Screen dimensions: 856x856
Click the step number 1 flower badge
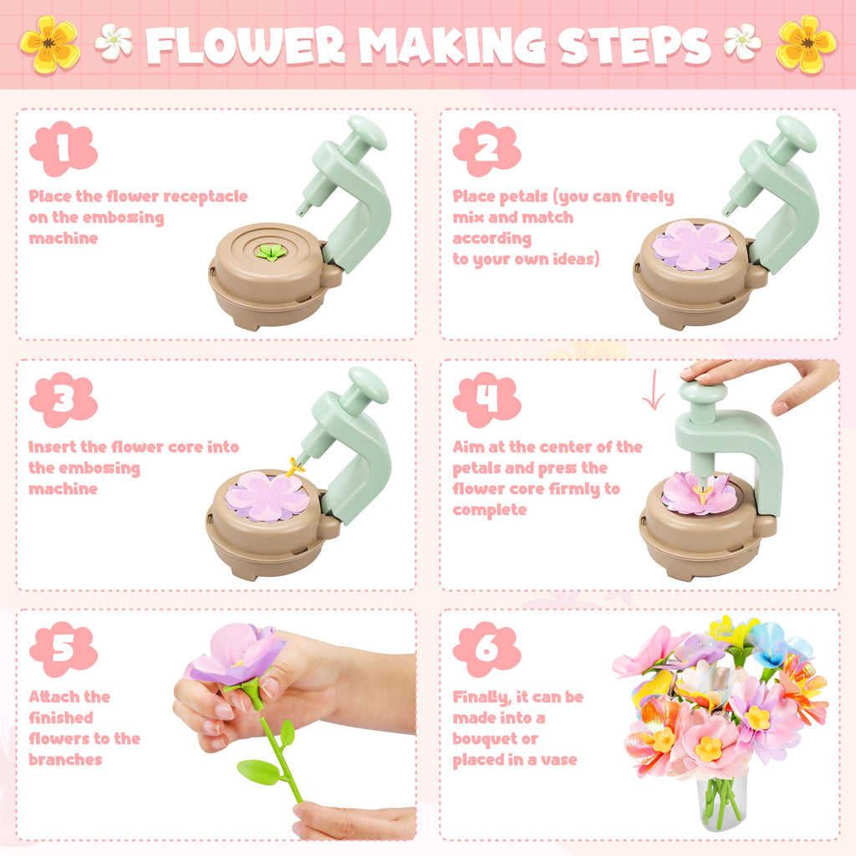[x=64, y=149]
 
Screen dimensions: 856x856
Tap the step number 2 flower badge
[x=487, y=149]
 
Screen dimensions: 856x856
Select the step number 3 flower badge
[x=64, y=400]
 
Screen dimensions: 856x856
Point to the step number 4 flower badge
[x=487, y=400]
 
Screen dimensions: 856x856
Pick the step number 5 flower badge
[x=64, y=649]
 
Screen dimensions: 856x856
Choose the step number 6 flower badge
[x=487, y=649]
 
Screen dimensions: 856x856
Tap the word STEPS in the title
[x=635, y=47]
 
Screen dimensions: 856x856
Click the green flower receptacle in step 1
[x=269, y=252]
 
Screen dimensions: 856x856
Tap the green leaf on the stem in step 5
[x=258, y=771]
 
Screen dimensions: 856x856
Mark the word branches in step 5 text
[x=65, y=760]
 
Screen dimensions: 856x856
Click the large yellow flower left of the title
[x=49, y=43]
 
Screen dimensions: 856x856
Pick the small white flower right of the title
[x=742, y=41]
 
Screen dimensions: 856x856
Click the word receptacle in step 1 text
[x=205, y=196]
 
